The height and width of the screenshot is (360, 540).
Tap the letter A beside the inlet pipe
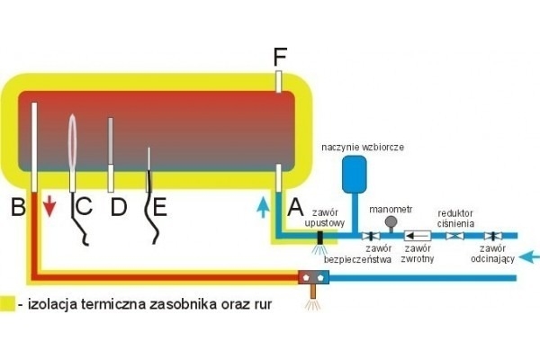293,208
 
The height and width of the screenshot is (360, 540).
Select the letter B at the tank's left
17,208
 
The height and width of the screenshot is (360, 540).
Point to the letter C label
83,208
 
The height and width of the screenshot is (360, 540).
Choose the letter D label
119,208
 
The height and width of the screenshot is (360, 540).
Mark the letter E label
159,208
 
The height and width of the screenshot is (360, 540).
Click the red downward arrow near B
49,209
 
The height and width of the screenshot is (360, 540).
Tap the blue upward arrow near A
261,207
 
